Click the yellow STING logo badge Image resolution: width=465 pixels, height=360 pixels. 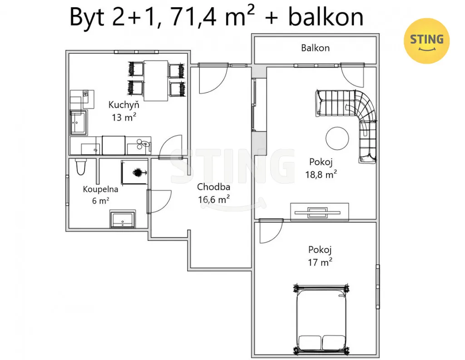coord(426,41)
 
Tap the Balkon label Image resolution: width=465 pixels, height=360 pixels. coord(315,48)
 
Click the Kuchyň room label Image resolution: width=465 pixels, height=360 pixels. coord(124,105)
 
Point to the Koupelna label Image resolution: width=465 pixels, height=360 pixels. coord(100,190)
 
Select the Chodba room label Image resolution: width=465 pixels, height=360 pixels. coord(213,187)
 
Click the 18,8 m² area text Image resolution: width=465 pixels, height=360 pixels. coord(321,174)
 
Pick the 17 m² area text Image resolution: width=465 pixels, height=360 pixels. coord(320,262)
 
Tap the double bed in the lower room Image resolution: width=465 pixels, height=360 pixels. coord(321,319)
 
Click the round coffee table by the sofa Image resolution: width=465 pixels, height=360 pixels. coord(337,138)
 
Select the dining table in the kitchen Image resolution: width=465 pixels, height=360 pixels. coord(156,81)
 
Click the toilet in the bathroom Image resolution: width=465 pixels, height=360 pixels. coord(80,167)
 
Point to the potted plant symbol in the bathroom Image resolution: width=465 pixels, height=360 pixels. coord(138,172)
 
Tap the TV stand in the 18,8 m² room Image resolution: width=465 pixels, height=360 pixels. coord(319,212)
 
